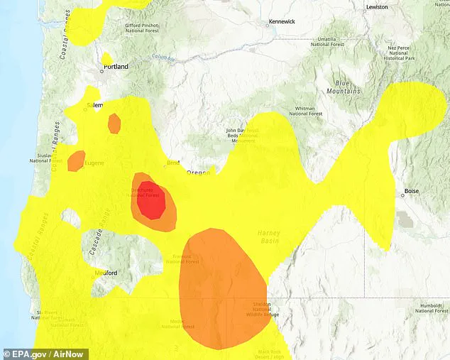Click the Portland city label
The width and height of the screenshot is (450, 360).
[x=116, y=66]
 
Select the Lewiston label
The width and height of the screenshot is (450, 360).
[x=377, y=6]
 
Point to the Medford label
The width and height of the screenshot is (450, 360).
[x=106, y=273]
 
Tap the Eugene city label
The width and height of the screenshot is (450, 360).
[x=94, y=163]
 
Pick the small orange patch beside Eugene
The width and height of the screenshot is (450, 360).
[x=75, y=160]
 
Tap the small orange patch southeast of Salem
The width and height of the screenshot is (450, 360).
[x=114, y=124]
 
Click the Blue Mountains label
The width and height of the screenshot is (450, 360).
[x=344, y=87]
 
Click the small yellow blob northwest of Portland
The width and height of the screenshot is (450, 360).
[x=106, y=58]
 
